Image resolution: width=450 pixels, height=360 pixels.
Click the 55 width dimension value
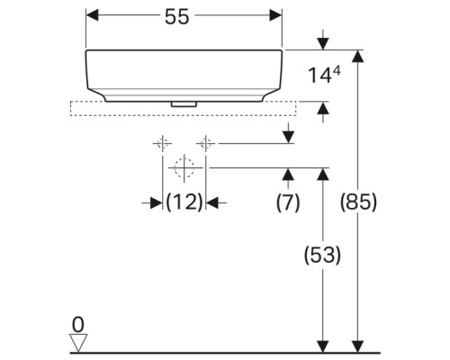pos(184,18)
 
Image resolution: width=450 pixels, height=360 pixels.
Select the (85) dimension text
pos(358,202)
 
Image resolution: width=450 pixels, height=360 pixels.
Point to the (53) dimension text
pos(320,256)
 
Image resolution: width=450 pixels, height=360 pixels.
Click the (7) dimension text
pos(287,202)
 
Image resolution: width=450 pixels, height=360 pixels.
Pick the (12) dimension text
pos(184,203)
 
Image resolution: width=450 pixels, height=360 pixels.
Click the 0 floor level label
pos(78,323)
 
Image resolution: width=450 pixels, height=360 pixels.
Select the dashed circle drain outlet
pos(184,167)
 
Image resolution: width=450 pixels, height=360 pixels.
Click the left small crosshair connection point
pos(163,143)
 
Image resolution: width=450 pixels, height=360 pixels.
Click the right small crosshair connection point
pos(206,143)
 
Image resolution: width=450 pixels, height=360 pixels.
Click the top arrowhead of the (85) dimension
pos(358,57)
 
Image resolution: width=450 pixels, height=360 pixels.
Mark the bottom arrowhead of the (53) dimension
pos(320,345)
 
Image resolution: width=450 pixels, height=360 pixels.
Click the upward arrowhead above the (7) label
pos(287,173)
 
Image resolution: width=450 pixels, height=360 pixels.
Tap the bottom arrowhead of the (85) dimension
pos(358,345)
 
